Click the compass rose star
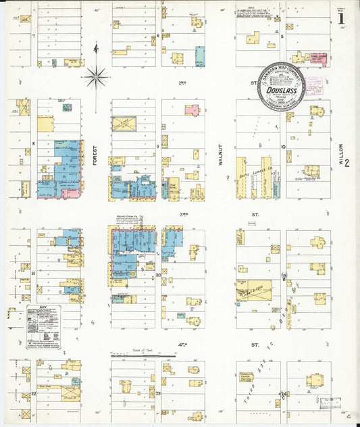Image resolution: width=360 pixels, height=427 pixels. tap(96, 77)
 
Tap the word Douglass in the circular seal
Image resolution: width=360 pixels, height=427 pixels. tap(280, 89)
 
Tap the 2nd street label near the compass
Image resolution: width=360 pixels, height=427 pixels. tap(182, 82)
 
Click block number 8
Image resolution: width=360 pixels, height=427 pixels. tap(33, 144)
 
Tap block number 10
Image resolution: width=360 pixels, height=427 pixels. tap(284, 147)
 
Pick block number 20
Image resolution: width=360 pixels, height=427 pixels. tap(159, 275)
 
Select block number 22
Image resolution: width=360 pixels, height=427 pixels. tap(33, 393)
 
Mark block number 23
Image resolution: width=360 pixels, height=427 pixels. tap(159, 393)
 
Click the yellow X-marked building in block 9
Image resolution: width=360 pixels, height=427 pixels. tap(124, 124)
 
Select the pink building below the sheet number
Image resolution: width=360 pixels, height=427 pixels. tap(319, 60)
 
